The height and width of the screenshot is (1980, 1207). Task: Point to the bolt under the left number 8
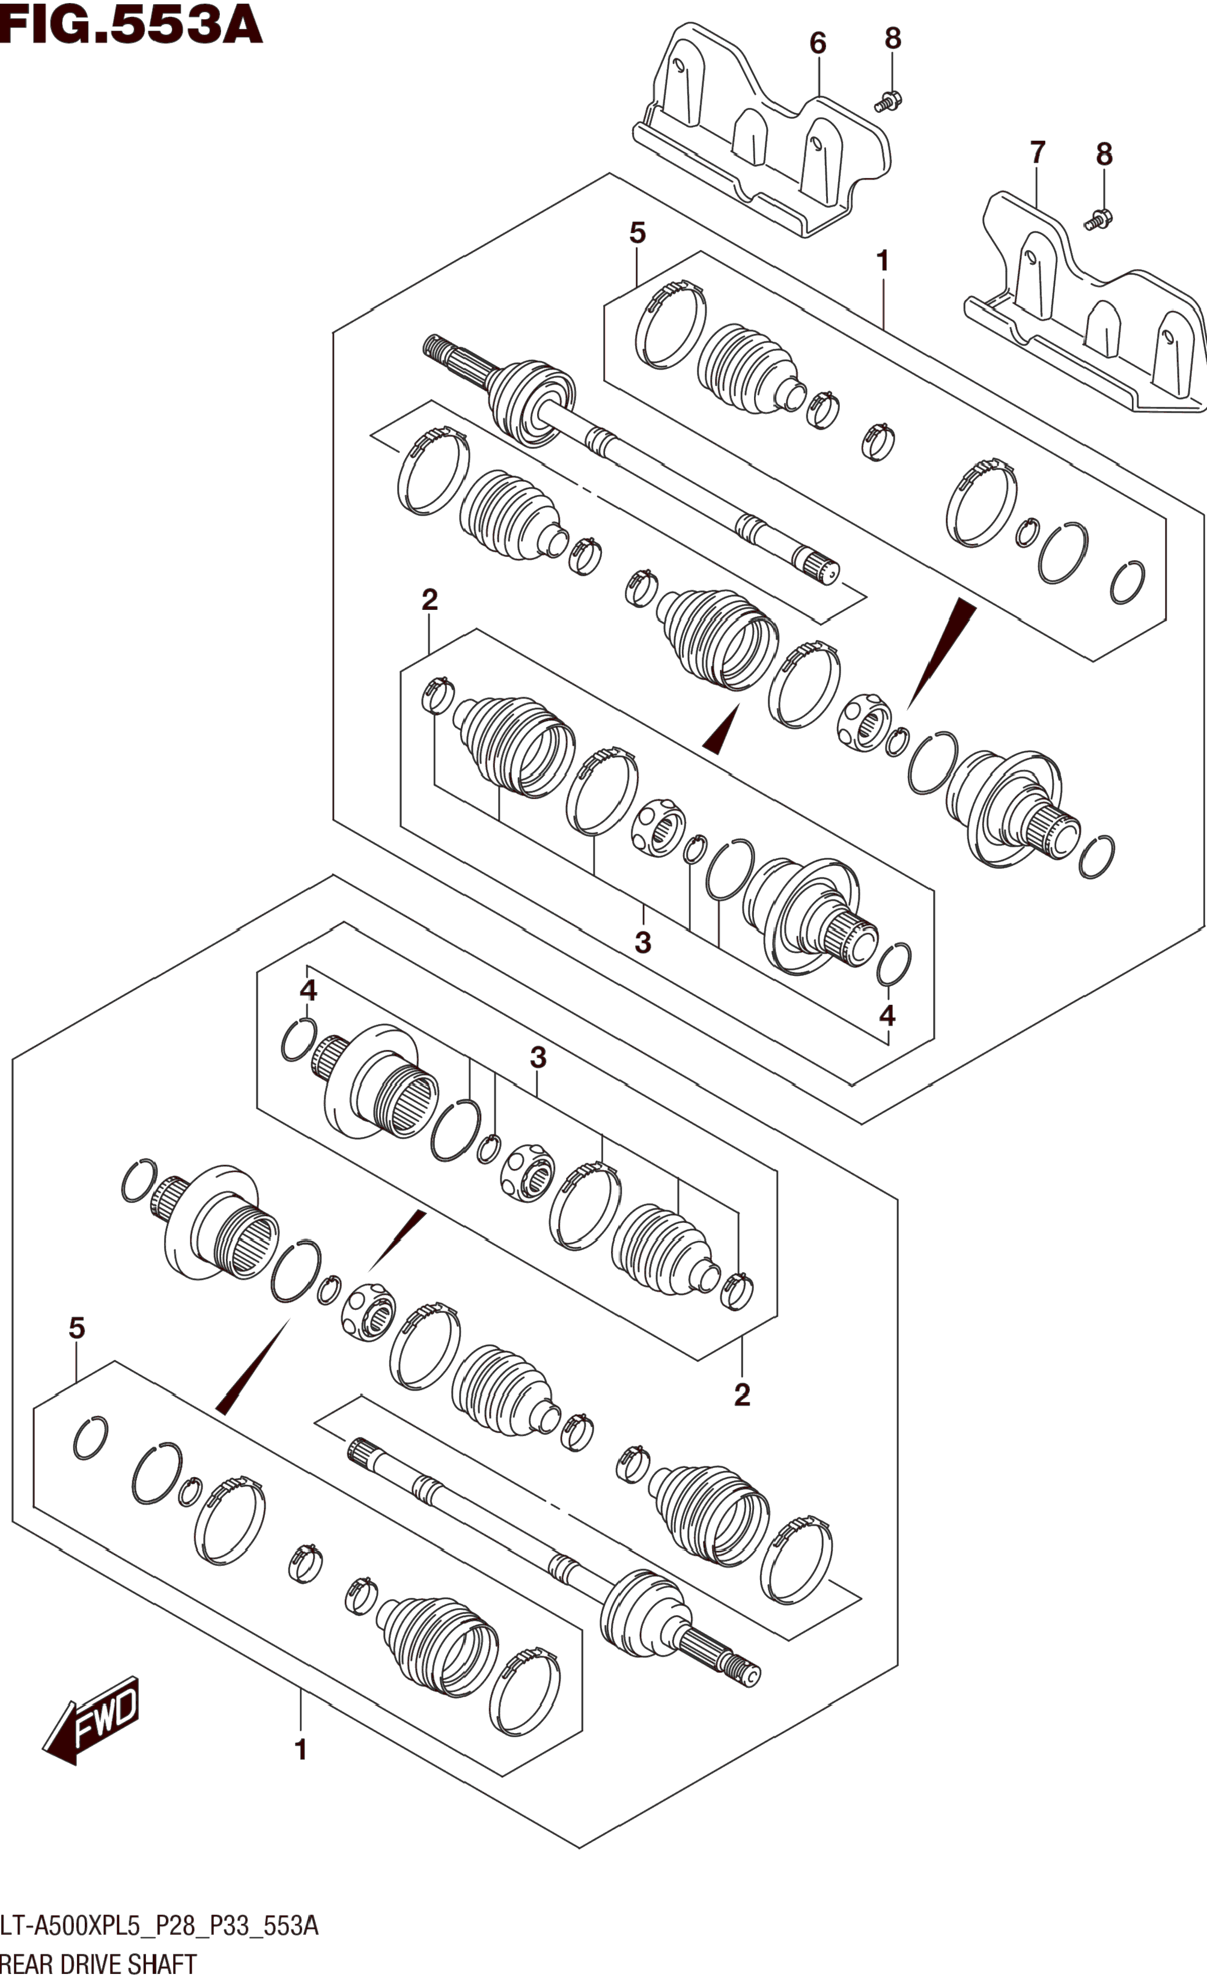[x=888, y=101]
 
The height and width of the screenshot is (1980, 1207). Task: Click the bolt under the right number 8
[x=1097, y=218]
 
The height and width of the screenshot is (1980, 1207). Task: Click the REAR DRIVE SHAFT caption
[x=99, y=1964]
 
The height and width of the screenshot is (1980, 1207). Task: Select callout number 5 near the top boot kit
[x=637, y=233]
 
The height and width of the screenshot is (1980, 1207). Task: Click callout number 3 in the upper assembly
[x=642, y=942]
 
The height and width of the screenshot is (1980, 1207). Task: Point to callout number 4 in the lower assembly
[x=309, y=990]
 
